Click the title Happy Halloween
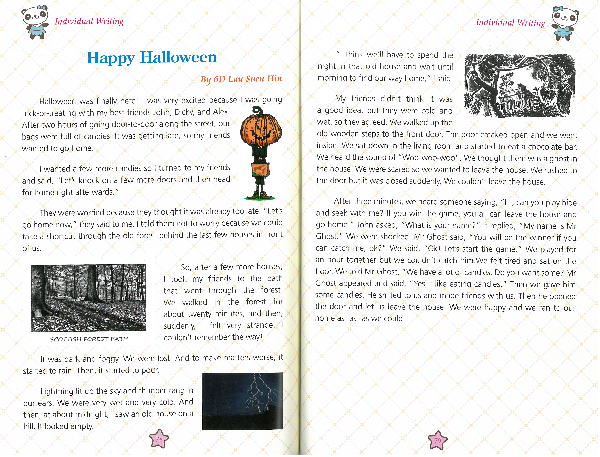pyautogui.click(x=152, y=58)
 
